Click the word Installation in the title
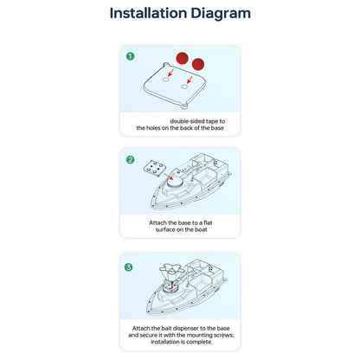148,13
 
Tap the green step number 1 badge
130,56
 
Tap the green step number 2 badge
130,159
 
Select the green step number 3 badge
129,267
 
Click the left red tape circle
183,58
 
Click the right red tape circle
198,64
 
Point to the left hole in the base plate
165,80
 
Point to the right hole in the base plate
184,87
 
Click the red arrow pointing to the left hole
171,72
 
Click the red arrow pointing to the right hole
190,80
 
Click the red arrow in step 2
169,177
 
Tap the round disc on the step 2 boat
176,183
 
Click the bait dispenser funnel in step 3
171,272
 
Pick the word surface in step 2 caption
165,229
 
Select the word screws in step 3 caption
224,335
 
